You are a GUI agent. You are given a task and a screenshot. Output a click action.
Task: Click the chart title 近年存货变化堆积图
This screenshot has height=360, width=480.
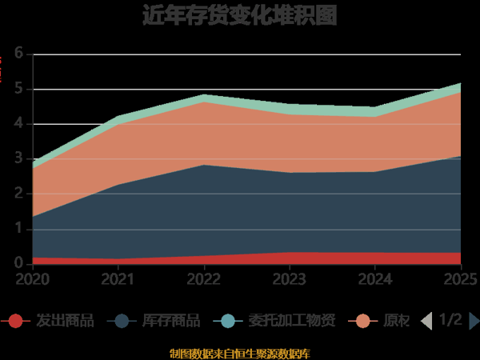240,15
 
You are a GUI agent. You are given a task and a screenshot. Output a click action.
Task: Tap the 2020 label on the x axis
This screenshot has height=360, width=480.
32,279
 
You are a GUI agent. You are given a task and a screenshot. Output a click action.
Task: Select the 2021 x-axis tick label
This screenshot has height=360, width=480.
118,279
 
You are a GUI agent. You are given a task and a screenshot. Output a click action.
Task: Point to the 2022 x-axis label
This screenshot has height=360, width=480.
204,279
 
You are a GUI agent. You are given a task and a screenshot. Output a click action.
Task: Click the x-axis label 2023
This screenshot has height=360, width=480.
290,279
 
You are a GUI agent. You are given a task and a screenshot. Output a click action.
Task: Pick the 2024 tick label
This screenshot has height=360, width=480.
375,279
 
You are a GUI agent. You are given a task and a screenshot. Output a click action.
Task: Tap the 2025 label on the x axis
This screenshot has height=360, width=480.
460,279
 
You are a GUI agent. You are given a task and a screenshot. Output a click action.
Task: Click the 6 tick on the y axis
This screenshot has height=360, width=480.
18,54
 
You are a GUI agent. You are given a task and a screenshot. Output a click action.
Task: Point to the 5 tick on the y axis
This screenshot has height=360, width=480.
18,90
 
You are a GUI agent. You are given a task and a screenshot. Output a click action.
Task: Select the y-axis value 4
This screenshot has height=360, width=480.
18,124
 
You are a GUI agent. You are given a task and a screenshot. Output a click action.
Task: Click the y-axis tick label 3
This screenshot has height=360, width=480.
18,159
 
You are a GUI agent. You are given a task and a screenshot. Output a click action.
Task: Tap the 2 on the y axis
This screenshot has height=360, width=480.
18,194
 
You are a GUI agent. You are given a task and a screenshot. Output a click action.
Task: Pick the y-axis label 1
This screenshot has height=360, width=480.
18,229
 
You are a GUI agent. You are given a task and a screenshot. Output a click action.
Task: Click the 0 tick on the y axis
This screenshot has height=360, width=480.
18,264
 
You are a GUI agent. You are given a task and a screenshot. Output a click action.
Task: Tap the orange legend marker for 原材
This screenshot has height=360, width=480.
364,321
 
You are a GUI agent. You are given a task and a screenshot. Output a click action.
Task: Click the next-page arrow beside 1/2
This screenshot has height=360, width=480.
474,321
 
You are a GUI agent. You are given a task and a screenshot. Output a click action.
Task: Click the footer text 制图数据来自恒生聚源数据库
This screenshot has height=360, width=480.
240,353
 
